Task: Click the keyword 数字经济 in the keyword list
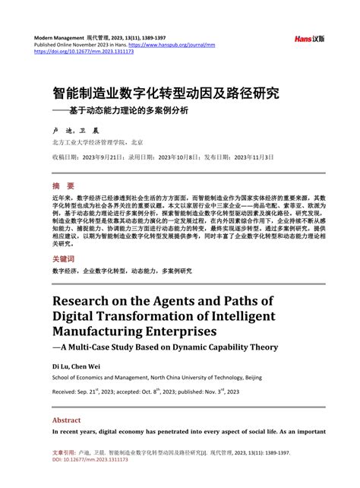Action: coord(65,271)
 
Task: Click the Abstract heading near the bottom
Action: coord(66,420)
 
